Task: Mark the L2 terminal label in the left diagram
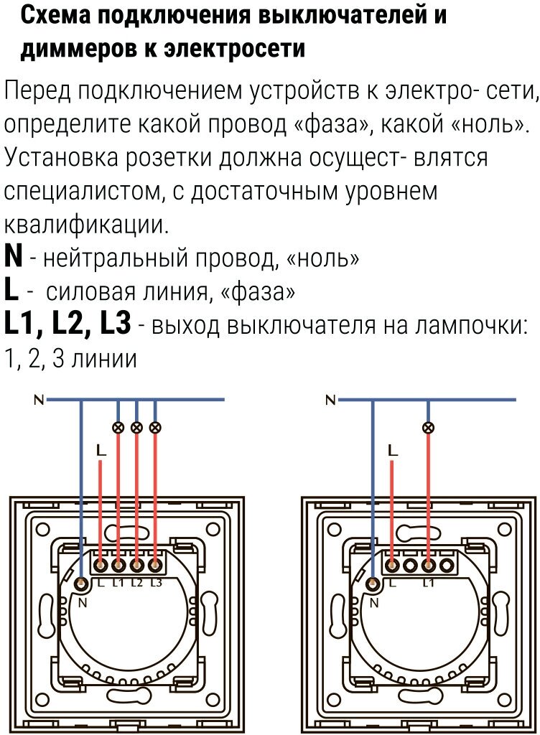click(137, 582)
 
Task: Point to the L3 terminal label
click(157, 582)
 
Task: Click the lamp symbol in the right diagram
click(429, 428)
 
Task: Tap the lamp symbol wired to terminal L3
click(156, 428)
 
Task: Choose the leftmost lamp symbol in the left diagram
click(118, 428)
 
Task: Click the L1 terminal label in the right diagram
click(429, 582)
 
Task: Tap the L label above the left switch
click(101, 451)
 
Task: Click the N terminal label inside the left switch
click(82, 603)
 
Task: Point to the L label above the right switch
click(392, 451)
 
